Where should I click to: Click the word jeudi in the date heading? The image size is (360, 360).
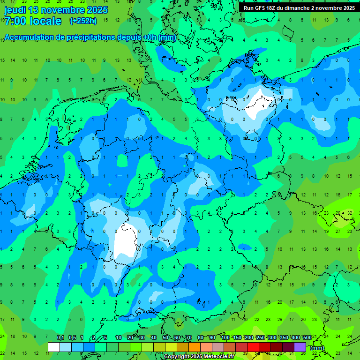(15, 10)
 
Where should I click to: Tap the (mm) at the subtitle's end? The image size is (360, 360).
(167, 37)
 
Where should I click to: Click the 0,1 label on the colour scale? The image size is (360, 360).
(60, 337)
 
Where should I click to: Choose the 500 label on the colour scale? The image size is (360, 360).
(307, 337)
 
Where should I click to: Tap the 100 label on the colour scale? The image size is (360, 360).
(225, 337)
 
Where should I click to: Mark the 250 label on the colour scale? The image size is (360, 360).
(261, 337)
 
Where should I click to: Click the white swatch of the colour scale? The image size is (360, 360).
(54, 347)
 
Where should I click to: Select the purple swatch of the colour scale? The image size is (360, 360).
(300, 347)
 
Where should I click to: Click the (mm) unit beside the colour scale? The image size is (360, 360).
(317, 348)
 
